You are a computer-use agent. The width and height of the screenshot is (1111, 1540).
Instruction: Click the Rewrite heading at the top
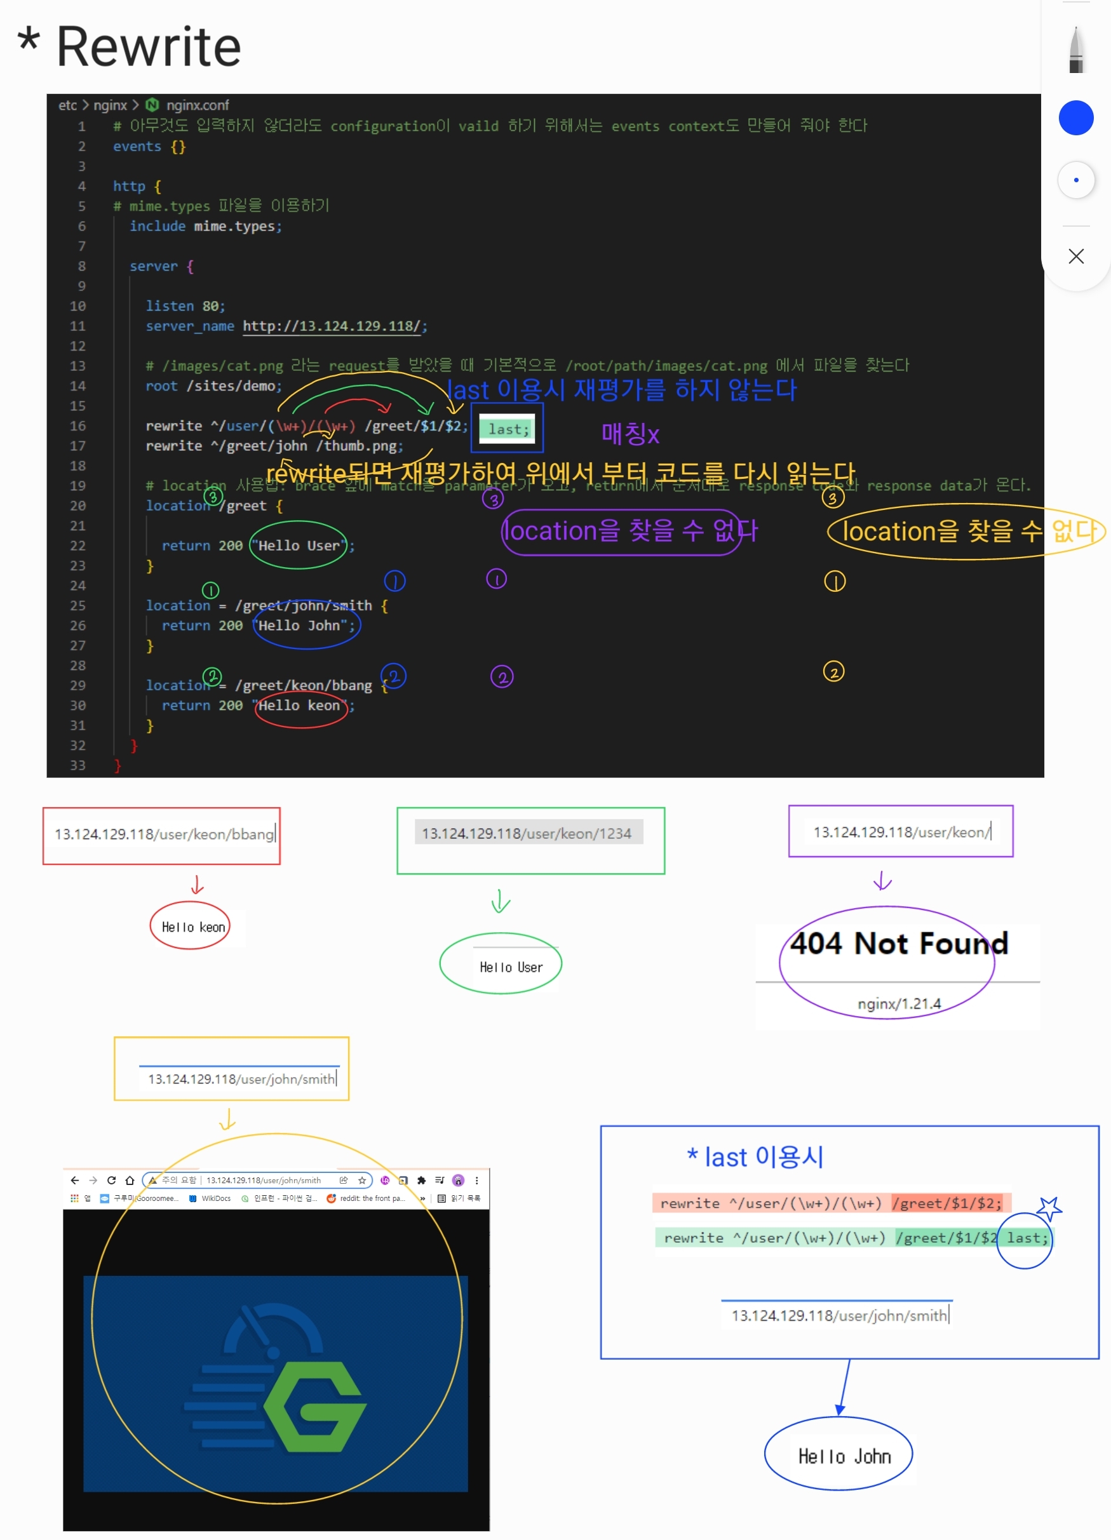pos(148,48)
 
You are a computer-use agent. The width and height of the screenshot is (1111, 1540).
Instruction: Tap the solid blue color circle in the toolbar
pos(1075,118)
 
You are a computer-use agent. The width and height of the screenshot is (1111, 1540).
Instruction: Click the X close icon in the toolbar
pos(1075,256)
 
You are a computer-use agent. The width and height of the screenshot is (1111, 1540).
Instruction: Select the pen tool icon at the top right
pos(1075,50)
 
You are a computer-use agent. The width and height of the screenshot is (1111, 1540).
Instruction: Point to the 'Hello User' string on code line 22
pos(299,546)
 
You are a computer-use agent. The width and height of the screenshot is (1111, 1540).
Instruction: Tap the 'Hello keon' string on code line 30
pos(299,706)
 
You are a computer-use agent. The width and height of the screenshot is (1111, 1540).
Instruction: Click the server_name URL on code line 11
pos(332,326)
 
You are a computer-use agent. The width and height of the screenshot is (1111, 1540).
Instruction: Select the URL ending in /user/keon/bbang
pos(165,834)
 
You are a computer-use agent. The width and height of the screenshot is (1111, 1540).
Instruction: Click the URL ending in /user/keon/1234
pos(527,833)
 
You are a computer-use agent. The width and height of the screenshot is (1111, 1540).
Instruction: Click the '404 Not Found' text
pos(898,944)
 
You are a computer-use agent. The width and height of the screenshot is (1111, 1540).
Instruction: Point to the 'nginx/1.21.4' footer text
pos(898,1003)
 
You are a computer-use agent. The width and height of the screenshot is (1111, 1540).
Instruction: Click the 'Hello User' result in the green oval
pos(511,967)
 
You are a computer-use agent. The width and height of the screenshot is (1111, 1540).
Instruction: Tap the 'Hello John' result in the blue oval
pos(844,1456)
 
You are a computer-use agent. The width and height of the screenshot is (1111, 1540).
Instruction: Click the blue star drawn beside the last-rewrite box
pos(1049,1209)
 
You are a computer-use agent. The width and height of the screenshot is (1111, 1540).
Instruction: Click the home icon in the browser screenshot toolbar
pos(130,1180)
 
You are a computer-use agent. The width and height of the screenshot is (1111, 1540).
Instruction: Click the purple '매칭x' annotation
pos(630,434)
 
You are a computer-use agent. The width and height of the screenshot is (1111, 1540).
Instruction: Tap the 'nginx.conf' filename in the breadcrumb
pos(197,105)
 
